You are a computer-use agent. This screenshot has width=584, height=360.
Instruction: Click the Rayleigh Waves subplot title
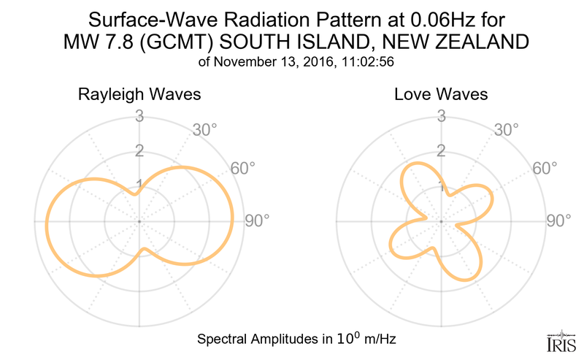(139, 95)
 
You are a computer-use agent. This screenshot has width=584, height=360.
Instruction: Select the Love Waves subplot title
(441, 95)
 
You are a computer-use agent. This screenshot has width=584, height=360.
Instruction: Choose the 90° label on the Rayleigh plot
(258, 221)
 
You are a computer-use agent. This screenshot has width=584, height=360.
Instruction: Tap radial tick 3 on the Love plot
(441, 116)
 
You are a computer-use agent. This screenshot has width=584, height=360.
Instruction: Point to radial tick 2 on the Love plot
(441, 151)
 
